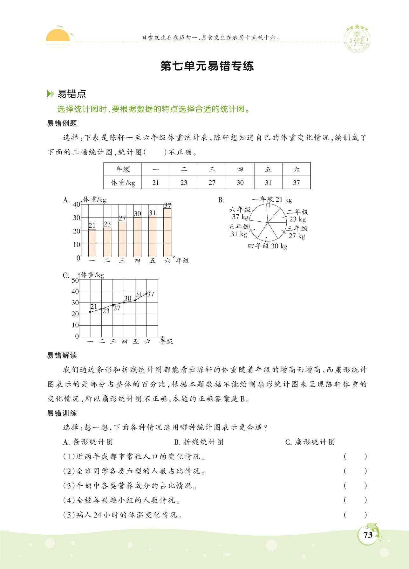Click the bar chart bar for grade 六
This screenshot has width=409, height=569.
[x=167, y=232]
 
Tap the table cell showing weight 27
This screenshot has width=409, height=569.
[x=212, y=183]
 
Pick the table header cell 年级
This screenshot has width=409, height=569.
[x=123, y=169]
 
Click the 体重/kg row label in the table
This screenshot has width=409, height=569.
[x=123, y=183]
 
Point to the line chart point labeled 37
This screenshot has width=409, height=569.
[x=147, y=293]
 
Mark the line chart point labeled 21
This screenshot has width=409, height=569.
[x=90, y=312]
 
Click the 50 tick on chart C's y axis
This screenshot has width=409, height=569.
[x=75, y=280]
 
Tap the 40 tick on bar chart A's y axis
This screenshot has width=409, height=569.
[x=77, y=204]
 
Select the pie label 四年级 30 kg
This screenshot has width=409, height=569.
[x=268, y=246]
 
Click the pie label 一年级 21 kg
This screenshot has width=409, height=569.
[x=272, y=200]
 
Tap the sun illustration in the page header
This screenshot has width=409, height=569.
[x=58, y=36]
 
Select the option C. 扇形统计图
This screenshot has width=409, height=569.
[x=310, y=442]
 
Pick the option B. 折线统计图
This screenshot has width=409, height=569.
[x=199, y=442]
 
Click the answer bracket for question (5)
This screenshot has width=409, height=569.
[x=355, y=515]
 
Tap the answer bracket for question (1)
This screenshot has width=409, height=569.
[x=355, y=457]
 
